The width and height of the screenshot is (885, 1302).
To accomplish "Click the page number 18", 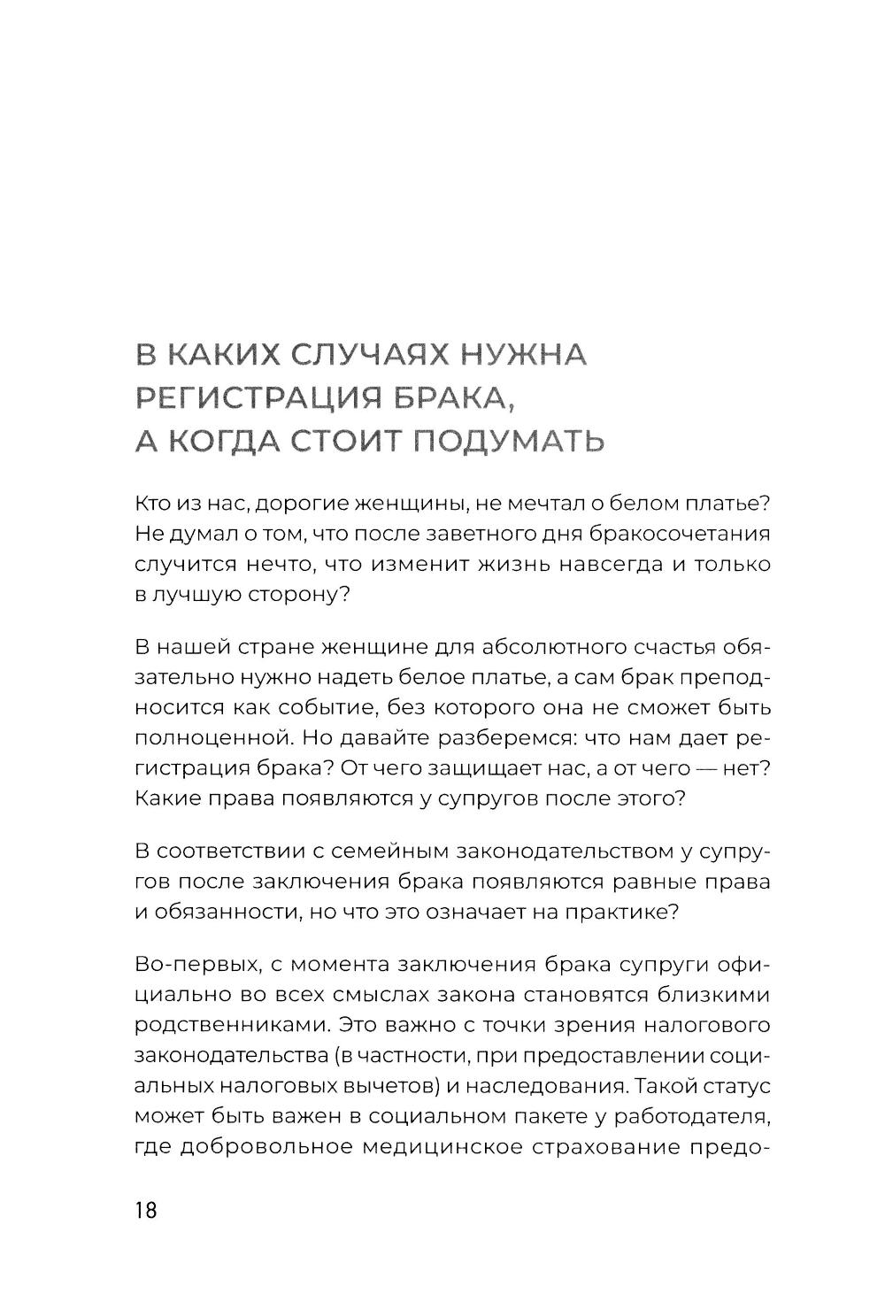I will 146,1211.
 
